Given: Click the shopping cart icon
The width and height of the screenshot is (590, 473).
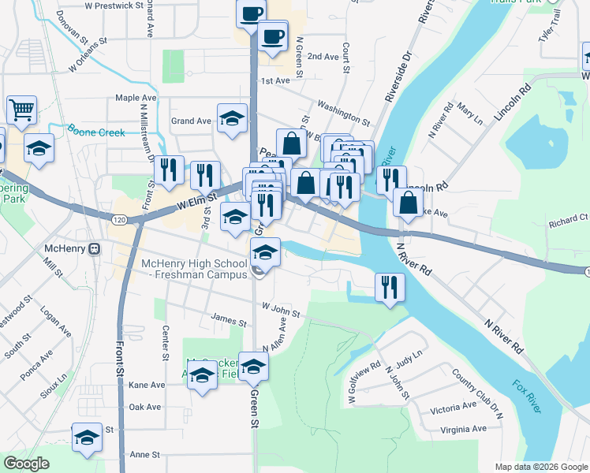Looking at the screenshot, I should click(21, 110).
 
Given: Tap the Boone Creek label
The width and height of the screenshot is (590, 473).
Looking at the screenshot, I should click(96, 132).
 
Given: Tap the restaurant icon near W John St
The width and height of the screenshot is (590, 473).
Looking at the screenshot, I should click(389, 287).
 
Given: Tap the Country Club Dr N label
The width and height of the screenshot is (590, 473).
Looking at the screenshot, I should click(477, 388).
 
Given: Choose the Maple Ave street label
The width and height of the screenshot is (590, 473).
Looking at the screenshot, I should click(136, 98).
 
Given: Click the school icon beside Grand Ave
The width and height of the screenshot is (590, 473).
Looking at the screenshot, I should click(232, 118).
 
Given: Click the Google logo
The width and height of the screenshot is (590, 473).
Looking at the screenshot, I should click(26, 464).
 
